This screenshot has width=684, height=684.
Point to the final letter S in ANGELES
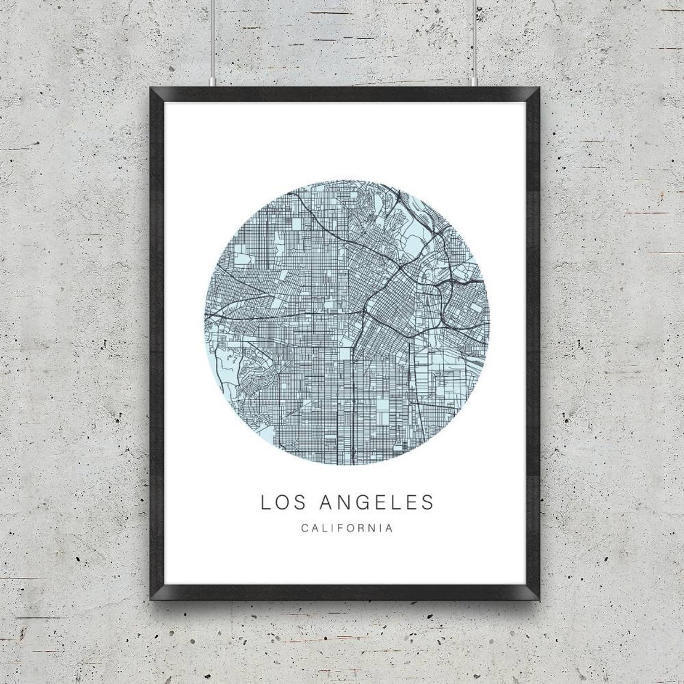tap(427, 502)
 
